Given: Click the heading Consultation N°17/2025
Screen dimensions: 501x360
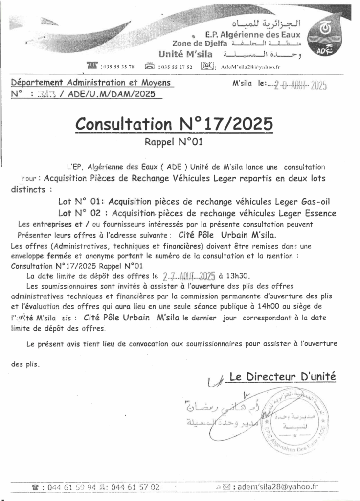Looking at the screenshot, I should tap(174, 124).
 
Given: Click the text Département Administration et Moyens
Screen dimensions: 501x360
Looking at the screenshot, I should tap(91, 83).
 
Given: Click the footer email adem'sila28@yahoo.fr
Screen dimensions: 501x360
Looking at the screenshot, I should tap(277, 487).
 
